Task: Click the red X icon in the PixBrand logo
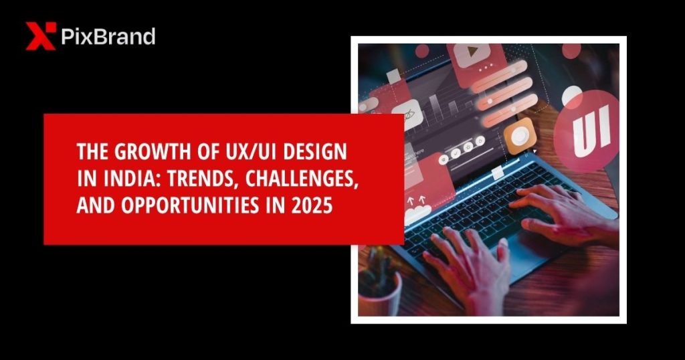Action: pos(40,36)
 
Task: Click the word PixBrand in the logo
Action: pos(108,36)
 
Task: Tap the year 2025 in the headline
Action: pos(314,205)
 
